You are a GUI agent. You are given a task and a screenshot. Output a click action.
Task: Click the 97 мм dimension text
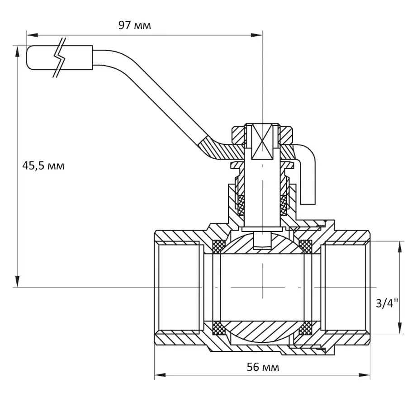[134, 25]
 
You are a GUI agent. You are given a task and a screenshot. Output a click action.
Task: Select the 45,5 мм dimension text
[43, 166]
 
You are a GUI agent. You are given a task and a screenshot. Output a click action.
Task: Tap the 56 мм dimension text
[263, 367]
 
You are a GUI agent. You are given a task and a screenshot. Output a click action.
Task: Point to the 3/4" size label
[387, 303]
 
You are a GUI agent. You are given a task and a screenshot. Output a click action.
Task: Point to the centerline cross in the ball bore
[262, 287]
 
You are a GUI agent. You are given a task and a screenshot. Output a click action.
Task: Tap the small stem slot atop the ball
[262, 240]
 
